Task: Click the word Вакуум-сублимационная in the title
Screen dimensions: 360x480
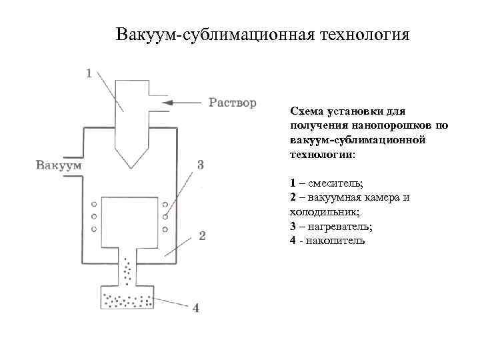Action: (211, 34)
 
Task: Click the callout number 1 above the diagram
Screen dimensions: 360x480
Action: (90, 73)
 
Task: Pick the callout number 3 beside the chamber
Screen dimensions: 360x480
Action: (200, 165)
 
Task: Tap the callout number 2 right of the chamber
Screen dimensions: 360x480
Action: (202, 235)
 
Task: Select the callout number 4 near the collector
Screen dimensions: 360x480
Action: (195, 308)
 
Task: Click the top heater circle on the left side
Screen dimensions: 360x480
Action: (94, 204)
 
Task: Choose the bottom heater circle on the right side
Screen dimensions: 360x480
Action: (163, 229)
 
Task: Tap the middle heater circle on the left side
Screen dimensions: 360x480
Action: (94, 217)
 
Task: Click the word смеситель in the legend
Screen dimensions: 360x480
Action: (331, 183)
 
